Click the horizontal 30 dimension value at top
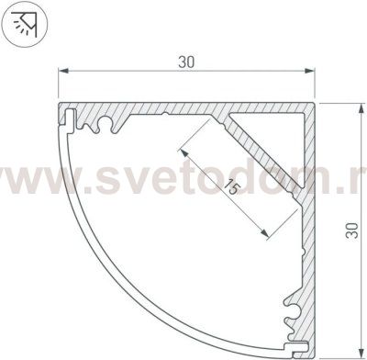point(187,62)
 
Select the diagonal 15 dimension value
point(230,190)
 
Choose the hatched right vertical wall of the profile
point(309,248)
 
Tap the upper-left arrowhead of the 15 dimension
point(182,144)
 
